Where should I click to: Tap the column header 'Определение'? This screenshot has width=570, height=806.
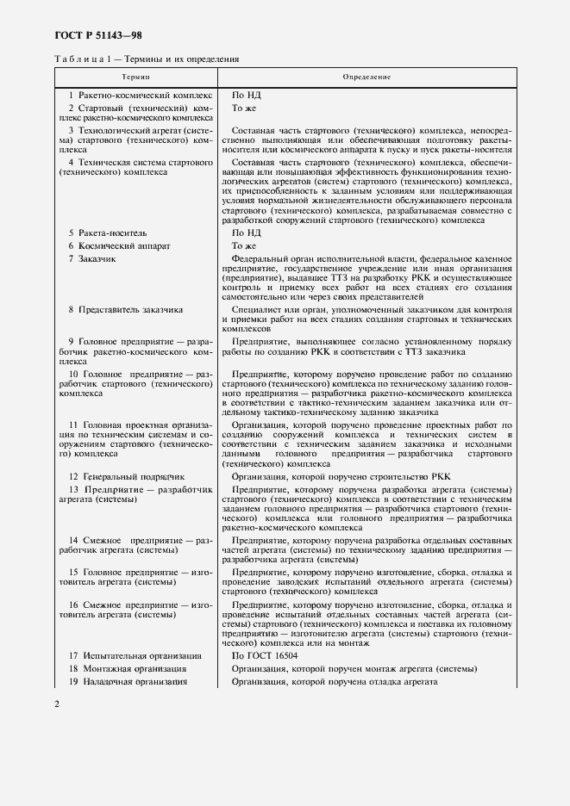(x=366, y=77)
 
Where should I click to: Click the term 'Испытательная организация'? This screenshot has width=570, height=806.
(x=136, y=656)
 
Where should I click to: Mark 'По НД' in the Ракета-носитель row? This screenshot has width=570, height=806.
(x=245, y=232)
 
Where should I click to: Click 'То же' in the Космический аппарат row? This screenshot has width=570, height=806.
(x=244, y=245)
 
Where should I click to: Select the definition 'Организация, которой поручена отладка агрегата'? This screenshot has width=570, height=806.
(x=335, y=682)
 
